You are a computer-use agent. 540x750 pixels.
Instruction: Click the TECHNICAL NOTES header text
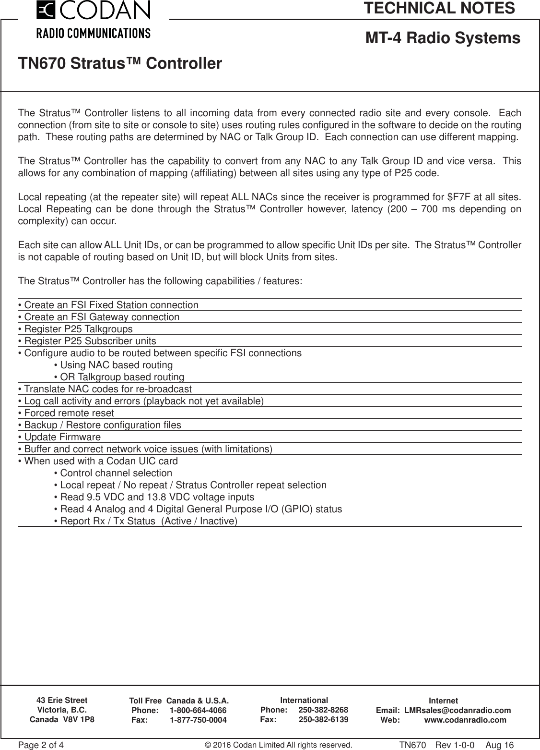(439, 8)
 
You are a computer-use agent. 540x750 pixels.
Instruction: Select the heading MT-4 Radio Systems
(443, 38)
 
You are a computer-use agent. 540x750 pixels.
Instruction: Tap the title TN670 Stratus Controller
(120, 63)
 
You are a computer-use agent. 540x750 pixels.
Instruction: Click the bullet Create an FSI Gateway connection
(98, 317)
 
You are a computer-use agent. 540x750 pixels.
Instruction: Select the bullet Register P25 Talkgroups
(75, 329)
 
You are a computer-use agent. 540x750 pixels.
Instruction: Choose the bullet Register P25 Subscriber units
(87, 341)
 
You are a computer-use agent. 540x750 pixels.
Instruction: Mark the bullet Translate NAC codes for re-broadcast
(105, 389)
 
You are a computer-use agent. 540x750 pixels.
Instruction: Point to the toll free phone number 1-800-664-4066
(198, 711)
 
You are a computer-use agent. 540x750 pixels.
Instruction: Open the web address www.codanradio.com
(465, 720)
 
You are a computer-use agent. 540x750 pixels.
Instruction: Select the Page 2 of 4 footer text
(41, 745)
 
